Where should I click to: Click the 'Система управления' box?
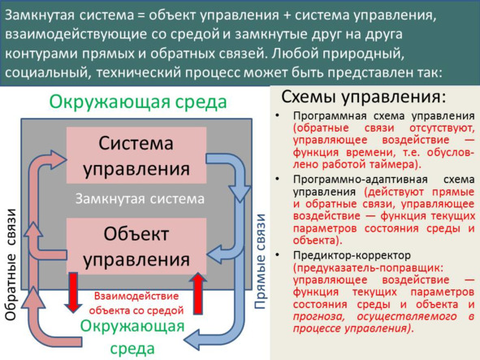(x=136, y=155)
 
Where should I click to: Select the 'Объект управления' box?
(x=136, y=246)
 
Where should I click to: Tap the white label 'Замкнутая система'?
(x=140, y=199)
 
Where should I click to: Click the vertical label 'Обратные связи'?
(x=11, y=265)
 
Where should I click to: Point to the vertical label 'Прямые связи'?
(x=260, y=262)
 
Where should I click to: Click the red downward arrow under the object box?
(x=73, y=293)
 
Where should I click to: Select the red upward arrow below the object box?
(x=198, y=293)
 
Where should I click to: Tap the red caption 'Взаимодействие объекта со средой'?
(x=136, y=303)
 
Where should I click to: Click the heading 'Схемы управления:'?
(x=363, y=98)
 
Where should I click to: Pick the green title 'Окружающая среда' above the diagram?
(x=138, y=102)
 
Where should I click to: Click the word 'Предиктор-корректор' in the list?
(x=352, y=255)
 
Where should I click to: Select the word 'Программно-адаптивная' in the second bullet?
(x=361, y=180)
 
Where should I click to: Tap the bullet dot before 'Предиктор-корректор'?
(x=277, y=255)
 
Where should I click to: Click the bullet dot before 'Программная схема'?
(x=277, y=116)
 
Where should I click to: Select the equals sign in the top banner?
(x=141, y=15)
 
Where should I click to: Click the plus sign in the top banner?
(x=287, y=15)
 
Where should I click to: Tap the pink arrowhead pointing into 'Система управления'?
(x=58, y=159)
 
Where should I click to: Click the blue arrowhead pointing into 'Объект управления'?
(x=216, y=254)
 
